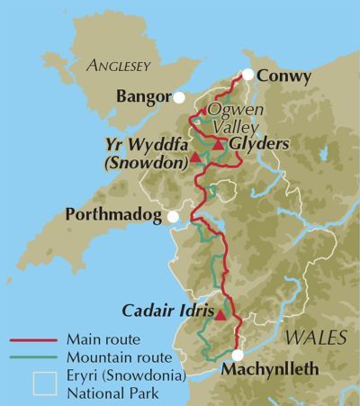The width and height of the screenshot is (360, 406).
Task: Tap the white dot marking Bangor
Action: coord(180,96)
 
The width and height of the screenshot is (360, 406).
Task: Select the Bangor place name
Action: coord(144,95)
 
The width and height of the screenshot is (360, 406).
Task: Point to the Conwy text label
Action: coord(284,77)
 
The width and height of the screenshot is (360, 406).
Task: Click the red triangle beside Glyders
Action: coord(219,144)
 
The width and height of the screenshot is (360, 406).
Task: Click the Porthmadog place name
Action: coord(116,215)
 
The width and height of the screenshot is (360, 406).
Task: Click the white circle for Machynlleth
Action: coord(238,354)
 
